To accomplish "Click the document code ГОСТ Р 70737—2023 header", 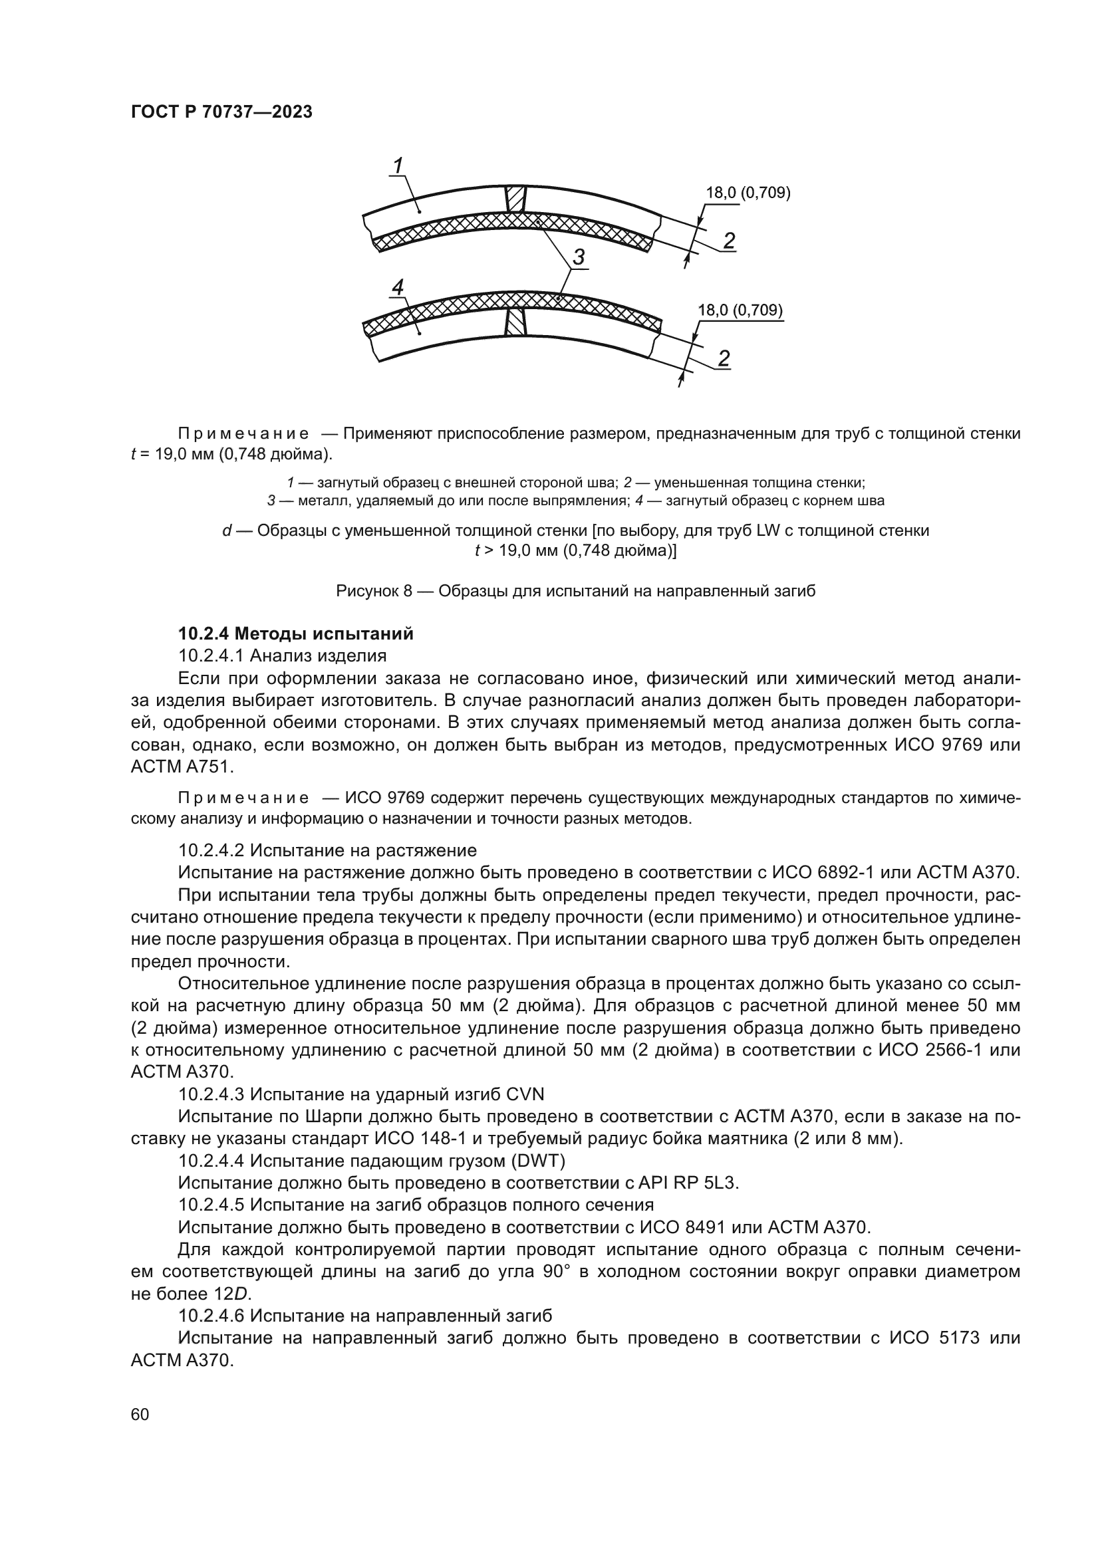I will point(221,112).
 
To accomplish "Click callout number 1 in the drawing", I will point(398,165).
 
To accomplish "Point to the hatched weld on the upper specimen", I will point(515,198).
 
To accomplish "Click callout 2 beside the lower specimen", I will point(724,358).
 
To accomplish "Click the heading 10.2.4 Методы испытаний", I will point(295,634).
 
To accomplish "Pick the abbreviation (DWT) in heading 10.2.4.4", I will point(540,1161).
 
